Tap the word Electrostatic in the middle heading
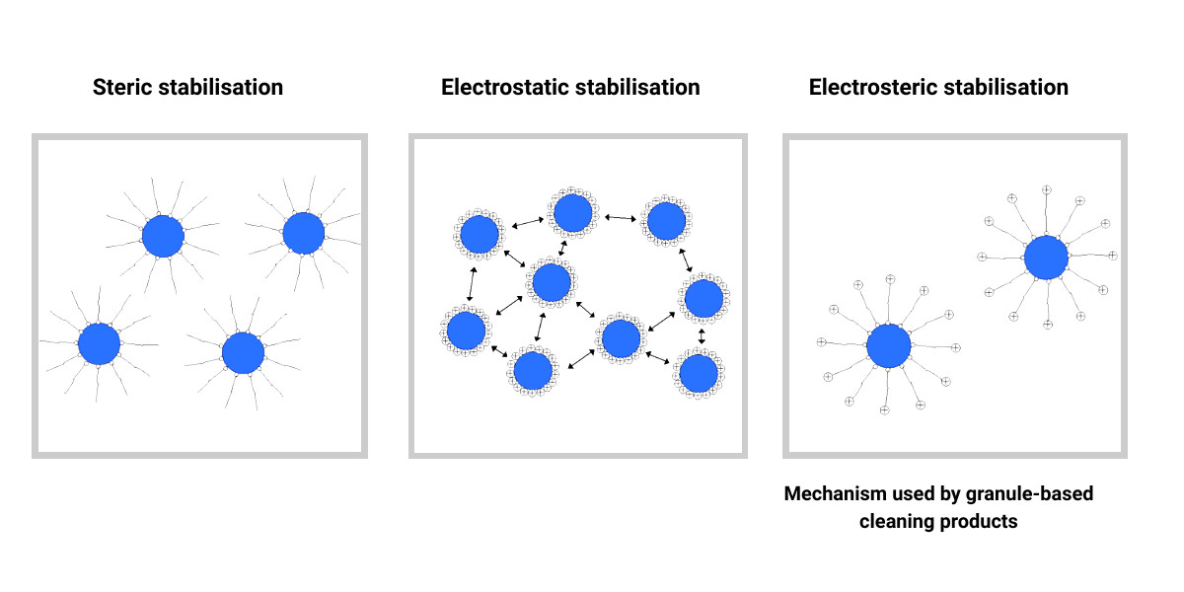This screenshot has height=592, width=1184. click(499, 87)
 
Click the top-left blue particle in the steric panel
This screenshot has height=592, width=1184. click(163, 236)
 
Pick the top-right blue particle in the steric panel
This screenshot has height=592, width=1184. click(304, 232)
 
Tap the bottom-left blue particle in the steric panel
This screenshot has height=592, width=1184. click(99, 344)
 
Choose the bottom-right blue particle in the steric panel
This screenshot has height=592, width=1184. click(243, 353)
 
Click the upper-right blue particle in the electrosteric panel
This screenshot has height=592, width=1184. click(1046, 258)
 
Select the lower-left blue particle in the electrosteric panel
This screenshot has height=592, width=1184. click(888, 345)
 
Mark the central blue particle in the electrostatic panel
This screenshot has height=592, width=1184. click(551, 283)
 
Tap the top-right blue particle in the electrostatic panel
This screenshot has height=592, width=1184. click(666, 220)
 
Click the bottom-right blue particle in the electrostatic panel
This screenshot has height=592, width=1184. click(699, 374)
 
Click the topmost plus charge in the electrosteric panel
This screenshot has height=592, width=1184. click(1048, 188)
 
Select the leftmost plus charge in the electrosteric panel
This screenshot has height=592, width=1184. click(821, 342)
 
